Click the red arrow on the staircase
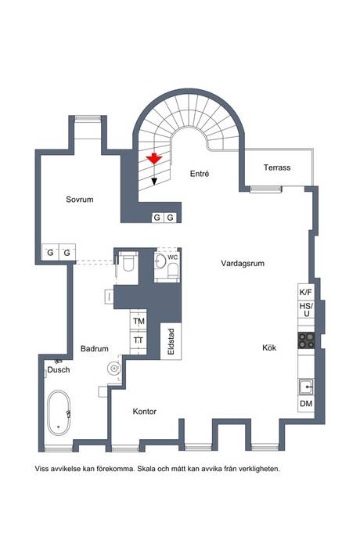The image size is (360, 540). pos(155,159)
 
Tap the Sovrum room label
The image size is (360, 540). pos(80,200)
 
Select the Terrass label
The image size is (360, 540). pos(277,167)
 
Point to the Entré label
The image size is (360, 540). pos(199,175)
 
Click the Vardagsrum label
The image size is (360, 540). pos(243,264)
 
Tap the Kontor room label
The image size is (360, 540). pos(146,411)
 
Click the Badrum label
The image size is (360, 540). pos(94,348)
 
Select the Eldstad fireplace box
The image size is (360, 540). pos(171,343)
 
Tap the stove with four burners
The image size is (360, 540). pos(306,340)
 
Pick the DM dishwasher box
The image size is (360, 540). pos(305,404)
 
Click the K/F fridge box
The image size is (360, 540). pos(305,292)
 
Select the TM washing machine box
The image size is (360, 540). pos(139,322)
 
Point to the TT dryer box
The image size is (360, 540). pos(139,340)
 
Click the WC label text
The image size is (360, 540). pos(172,256)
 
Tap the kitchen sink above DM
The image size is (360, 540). pos(305,385)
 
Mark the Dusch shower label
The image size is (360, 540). pos(59,369)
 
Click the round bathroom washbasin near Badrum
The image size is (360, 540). pos(115,365)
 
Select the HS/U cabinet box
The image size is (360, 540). pos(305,310)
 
